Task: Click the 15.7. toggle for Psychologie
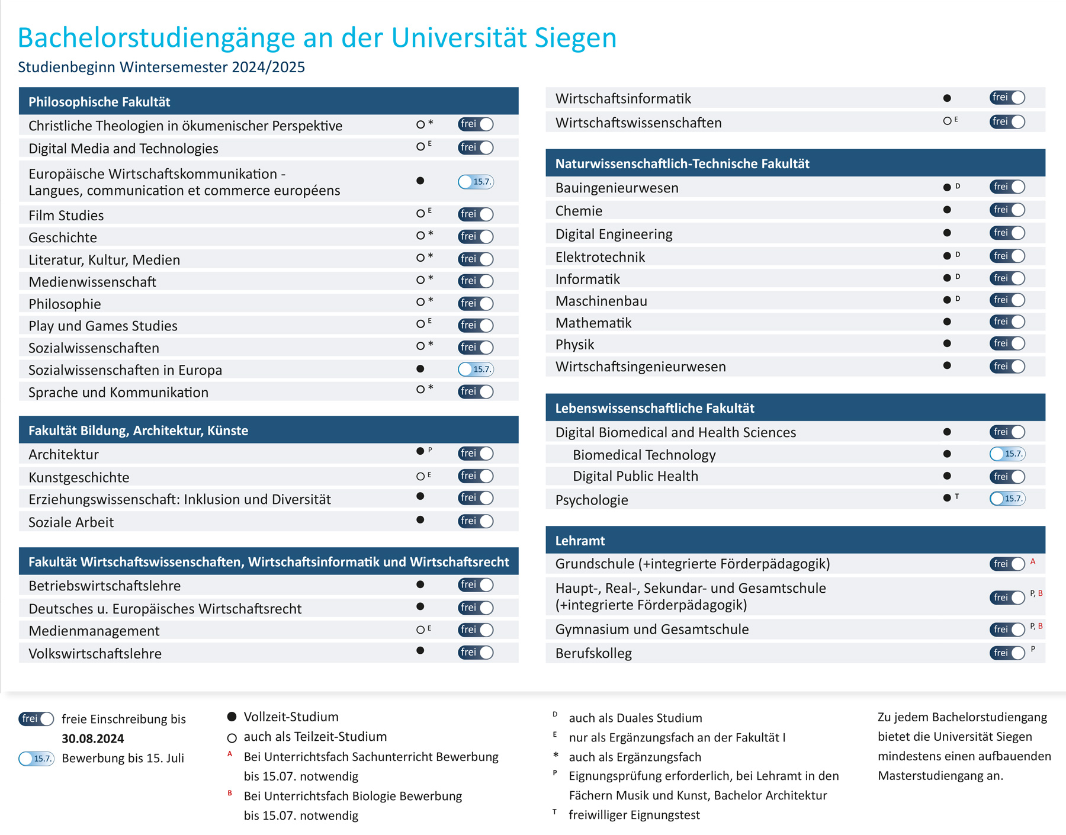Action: click(1007, 498)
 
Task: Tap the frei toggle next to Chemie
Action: click(1007, 210)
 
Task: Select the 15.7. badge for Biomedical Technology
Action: click(1007, 454)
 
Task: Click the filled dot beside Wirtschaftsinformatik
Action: click(947, 98)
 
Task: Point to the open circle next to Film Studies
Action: click(420, 214)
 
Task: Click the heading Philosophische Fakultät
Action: click(99, 102)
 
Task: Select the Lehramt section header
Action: click(580, 541)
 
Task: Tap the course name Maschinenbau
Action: click(601, 301)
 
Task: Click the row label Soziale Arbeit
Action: click(71, 522)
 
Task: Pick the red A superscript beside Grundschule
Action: click(1033, 561)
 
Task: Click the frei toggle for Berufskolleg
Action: click(1007, 653)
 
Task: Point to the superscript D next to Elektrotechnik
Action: click(958, 255)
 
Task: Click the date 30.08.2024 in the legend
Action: click(93, 738)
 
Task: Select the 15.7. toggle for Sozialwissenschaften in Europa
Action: click(476, 369)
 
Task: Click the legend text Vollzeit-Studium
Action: click(291, 717)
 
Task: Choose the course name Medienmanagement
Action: click(94, 631)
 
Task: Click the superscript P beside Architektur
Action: click(430, 450)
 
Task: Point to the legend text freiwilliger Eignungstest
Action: click(634, 815)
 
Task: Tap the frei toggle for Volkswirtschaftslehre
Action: click(476, 652)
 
